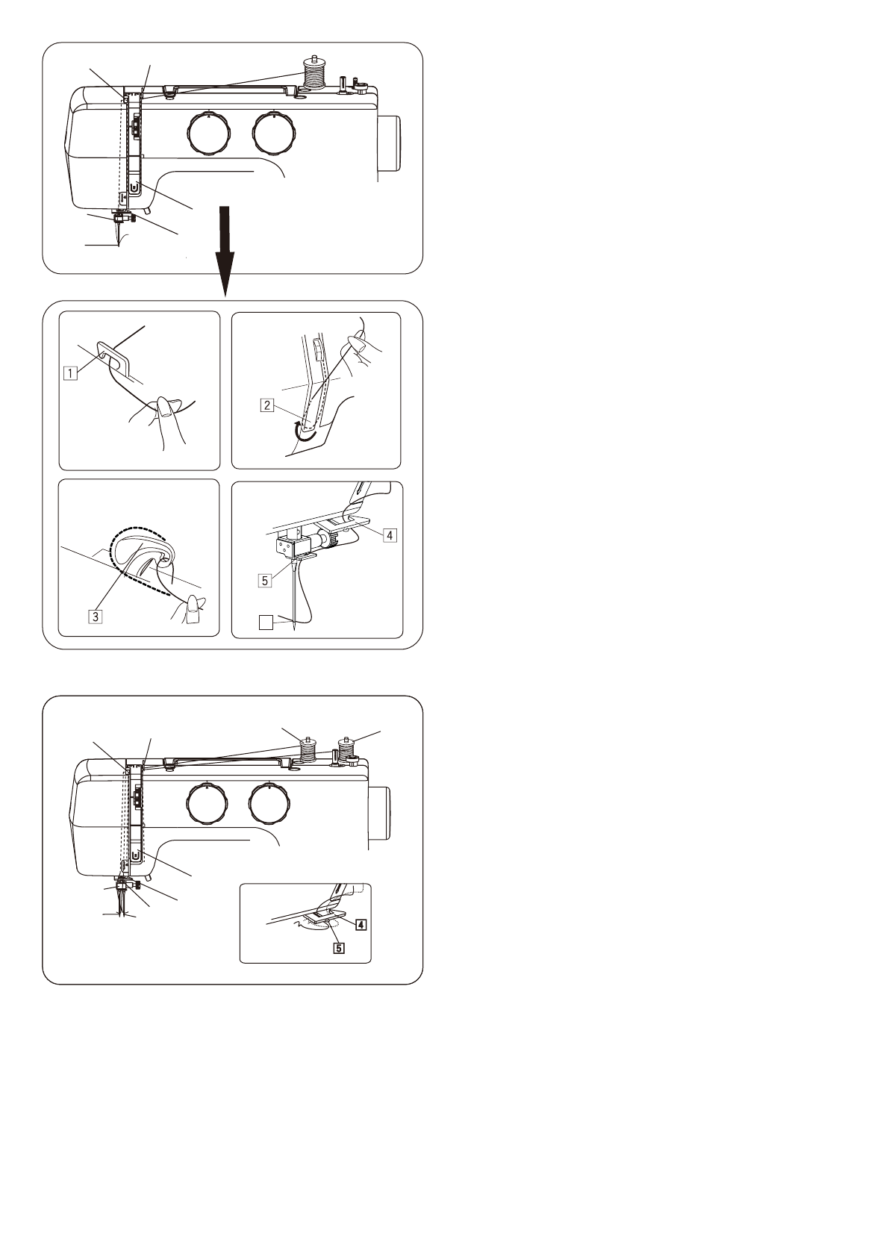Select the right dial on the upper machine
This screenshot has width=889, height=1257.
click(273, 132)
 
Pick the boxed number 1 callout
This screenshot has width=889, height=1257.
click(71, 372)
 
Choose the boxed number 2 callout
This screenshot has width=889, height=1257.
click(267, 404)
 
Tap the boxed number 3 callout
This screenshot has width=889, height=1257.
click(96, 617)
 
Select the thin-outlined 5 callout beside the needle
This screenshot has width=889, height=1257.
click(265, 581)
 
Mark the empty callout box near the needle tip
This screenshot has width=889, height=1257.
click(266, 623)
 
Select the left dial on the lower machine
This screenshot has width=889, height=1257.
click(207, 804)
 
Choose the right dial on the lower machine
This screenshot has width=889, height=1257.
click(272, 804)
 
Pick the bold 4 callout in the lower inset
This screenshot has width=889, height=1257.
click(361, 923)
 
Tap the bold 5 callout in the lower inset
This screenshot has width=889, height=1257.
click(338, 949)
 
